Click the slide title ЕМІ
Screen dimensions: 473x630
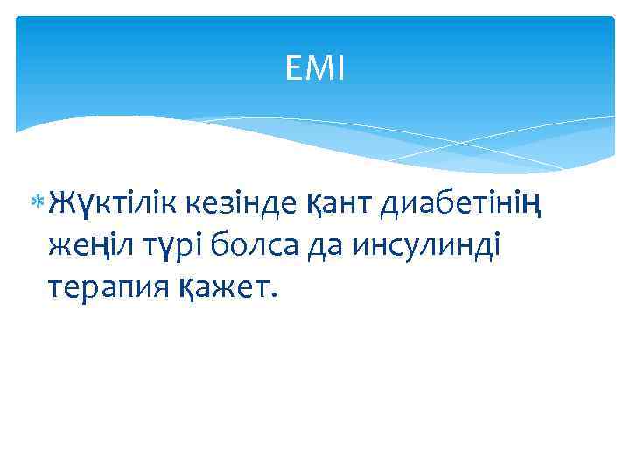315,68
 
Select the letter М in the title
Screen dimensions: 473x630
317,68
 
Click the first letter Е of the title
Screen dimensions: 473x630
294,68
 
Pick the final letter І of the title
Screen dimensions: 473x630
340,68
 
